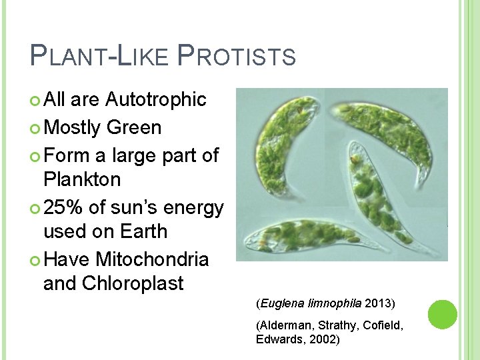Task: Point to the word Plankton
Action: point(82,179)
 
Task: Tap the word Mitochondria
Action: point(152,258)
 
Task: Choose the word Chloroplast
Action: point(133,283)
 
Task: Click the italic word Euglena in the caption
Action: point(279,304)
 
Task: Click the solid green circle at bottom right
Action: point(442,314)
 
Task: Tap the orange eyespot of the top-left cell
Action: point(302,105)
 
